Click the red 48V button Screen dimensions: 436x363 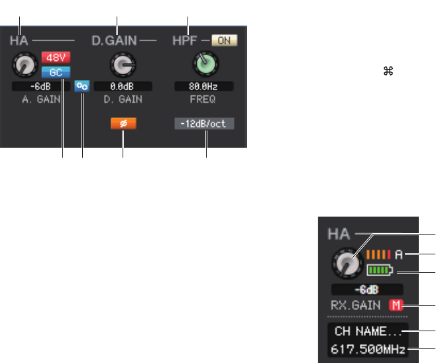tap(52, 57)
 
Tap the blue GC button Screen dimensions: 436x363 tap(52, 70)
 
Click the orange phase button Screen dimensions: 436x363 tap(123, 125)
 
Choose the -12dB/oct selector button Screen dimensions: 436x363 tap(205, 124)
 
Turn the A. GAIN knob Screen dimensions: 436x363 tap(25, 64)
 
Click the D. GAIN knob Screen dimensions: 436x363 tap(122, 64)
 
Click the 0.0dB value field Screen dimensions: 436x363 tap(123, 86)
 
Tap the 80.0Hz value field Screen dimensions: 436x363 tap(204, 86)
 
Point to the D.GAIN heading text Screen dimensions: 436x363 tap(113, 40)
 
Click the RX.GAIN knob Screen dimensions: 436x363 tap(345, 264)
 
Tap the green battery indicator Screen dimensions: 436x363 tap(379, 270)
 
